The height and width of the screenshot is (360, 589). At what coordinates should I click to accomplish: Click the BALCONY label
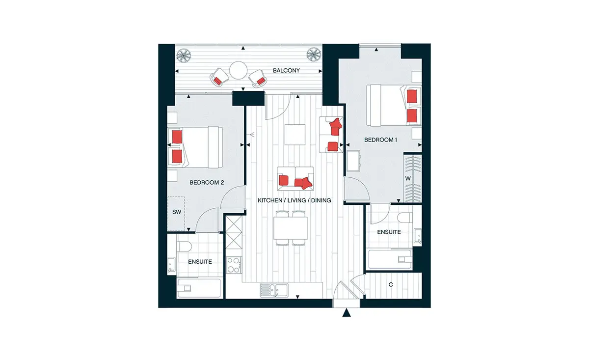(286, 71)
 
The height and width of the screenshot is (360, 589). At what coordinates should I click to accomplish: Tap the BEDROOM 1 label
(380, 140)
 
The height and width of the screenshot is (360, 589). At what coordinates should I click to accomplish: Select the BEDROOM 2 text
(207, 182)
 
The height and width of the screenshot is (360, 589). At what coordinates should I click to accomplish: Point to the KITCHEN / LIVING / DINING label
(294, 200)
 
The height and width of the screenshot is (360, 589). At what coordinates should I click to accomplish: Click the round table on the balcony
(238, 70)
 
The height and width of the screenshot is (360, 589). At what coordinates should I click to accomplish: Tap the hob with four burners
(234, 265)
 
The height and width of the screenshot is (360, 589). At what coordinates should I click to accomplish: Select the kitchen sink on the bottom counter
(274, 290)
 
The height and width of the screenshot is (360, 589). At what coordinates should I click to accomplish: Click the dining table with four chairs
(290, 228)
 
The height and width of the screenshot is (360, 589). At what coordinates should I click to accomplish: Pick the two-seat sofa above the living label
(295, 179)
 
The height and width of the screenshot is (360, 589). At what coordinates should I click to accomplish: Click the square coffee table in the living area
(295, 135)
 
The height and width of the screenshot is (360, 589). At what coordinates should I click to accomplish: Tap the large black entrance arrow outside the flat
(347, 313)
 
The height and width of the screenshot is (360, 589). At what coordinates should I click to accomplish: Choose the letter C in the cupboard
(391, 284)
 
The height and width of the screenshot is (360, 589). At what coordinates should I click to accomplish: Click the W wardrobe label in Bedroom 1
(408, 178)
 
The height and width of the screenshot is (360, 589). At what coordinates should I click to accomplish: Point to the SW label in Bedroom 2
(177, 212)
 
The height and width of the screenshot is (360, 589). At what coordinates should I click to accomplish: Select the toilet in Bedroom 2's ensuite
(184, 246)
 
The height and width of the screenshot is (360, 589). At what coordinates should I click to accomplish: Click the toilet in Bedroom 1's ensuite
(405, 218)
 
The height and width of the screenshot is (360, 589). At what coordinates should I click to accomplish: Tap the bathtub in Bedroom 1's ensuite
(390, 259)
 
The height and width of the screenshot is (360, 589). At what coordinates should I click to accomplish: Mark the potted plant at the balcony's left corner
(184, 55)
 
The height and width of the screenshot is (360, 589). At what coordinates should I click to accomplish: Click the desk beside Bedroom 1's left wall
(353, 161)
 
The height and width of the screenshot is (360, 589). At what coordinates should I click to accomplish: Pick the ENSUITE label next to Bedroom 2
(200, 262)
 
